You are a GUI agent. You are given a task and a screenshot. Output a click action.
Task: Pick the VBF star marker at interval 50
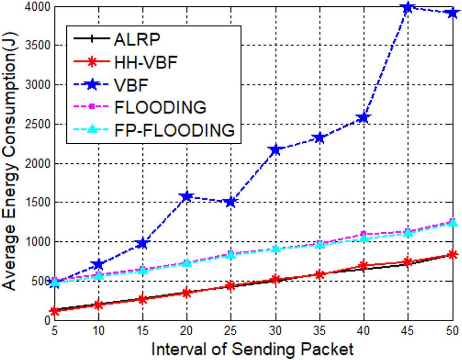[452, 13]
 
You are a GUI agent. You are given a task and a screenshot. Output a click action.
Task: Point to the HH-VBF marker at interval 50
[452, 255]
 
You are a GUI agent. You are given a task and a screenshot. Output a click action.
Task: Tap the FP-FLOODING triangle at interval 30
[275, 248]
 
